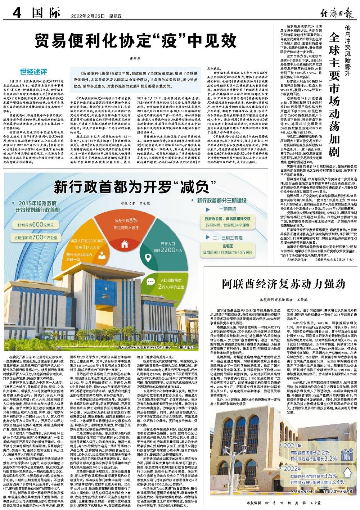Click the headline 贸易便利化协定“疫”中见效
tap(137, 42)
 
